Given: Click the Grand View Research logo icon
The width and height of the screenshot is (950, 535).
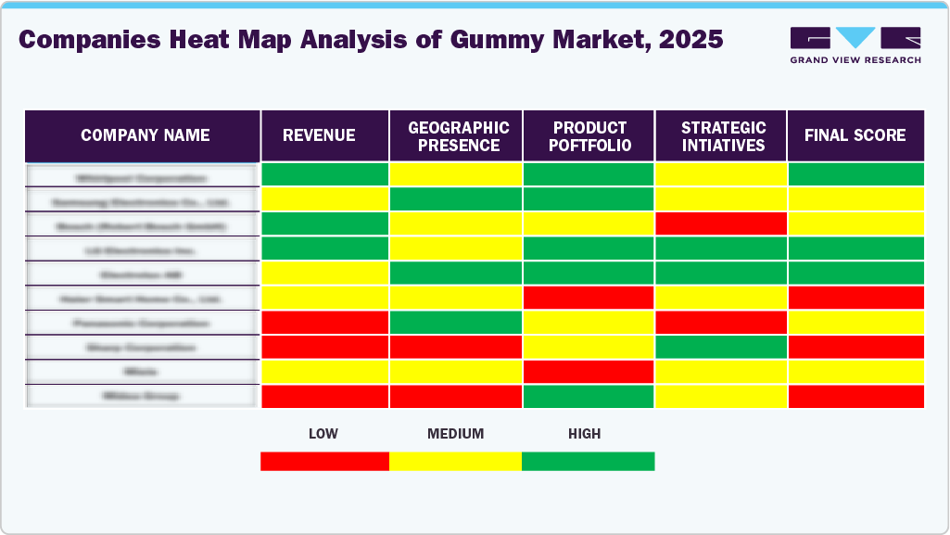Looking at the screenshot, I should coord(855,38).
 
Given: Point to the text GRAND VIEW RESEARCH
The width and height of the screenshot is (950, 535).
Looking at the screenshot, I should coord(855,60).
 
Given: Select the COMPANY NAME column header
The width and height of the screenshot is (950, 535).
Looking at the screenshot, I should coord(145,135).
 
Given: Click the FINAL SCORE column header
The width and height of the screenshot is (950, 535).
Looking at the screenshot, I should coord(855,135).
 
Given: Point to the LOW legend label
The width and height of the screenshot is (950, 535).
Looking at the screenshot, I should coord(323,433).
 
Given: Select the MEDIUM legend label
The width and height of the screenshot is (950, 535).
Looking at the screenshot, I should coord(455,433).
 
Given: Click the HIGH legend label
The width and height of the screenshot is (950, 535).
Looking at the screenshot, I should coord(585,433).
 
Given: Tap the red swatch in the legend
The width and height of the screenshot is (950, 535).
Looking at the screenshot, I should coord(324,461).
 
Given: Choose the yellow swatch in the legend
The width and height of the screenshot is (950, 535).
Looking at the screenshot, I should coord(455,461).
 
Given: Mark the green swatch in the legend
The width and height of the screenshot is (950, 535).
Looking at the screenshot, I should coord(588,461).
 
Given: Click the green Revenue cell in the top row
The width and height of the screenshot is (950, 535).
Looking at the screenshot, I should coord(325,174).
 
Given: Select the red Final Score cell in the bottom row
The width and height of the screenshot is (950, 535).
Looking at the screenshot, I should coord(855,396).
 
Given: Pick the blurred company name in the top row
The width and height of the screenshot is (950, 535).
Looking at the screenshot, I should coord(142,175).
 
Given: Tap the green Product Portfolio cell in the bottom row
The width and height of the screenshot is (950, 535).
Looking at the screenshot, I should coord(589,396).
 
